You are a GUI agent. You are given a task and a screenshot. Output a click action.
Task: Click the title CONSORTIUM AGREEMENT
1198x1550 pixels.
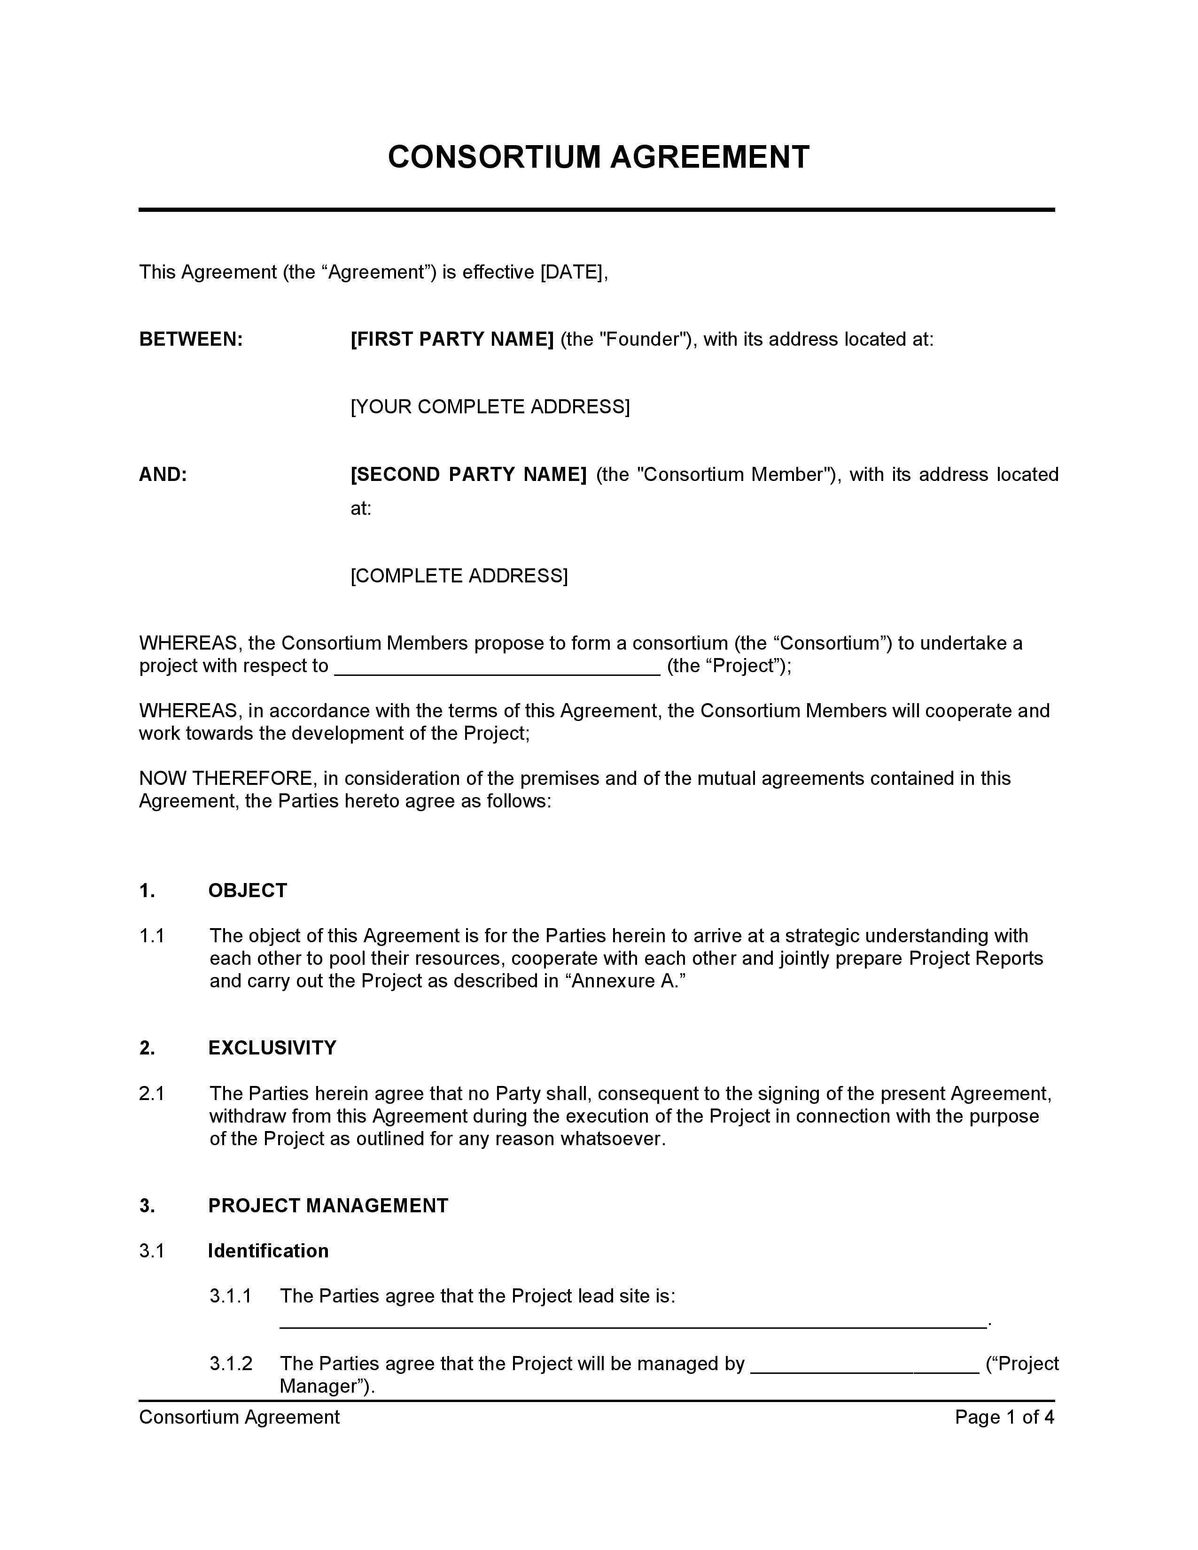[598, 157]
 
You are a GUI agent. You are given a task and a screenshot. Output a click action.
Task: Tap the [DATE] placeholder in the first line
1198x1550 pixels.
[572, 272]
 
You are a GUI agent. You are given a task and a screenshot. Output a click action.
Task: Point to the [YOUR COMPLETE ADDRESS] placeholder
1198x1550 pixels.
[490, 407]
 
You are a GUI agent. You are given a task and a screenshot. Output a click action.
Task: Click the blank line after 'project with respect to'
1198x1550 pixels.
[497, 667]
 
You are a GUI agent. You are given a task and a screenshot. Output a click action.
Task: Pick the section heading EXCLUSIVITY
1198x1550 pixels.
[272, 1048]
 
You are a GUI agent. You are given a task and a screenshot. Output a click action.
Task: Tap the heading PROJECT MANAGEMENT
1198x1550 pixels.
[328, 1206]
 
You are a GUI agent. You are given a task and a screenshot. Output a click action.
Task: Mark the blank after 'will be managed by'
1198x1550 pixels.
[864, 1365]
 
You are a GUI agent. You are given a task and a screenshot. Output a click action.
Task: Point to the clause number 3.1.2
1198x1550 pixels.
[231, 1364]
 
